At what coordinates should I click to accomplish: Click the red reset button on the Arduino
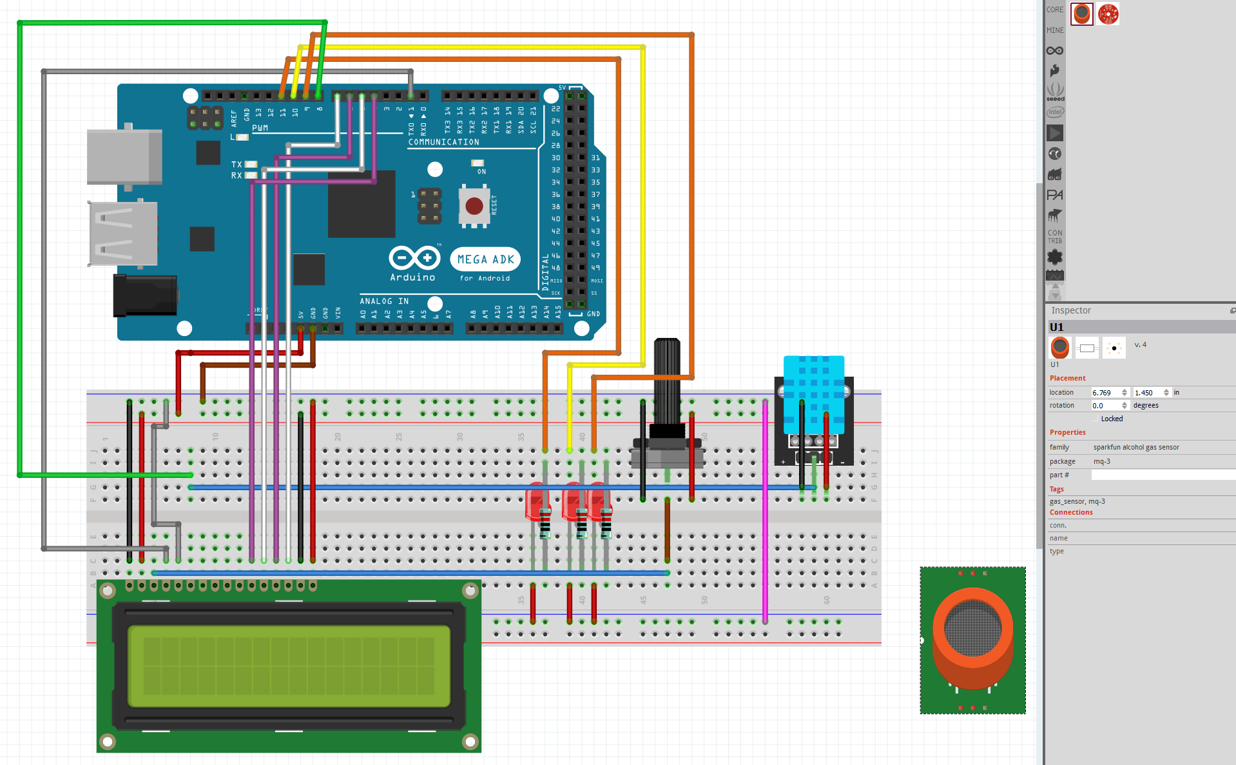(x=474, y=206)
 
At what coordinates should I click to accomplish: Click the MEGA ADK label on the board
(x=485, y=259)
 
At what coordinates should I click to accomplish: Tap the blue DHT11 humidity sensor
(x=814, y=393)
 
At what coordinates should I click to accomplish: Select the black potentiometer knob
(x=667, y=381)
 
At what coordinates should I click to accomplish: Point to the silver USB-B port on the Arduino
(x=124, y=157)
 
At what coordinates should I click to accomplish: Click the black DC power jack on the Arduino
(x=144, y=295)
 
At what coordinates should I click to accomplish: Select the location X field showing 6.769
(x=1105, y=393)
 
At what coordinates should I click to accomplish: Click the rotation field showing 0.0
(x=1105, y=406)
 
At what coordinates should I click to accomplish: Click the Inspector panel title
(x=1071, y=310)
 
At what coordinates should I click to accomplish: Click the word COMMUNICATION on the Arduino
(x=443, y=142)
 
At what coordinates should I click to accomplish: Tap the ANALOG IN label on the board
(x=384, y=301)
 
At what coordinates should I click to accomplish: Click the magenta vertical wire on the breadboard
(x=765, y=516)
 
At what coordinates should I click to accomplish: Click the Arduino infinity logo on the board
(x=414, y=258)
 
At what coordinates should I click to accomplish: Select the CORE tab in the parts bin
(x=1055, y=10)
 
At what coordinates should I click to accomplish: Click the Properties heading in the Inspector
(x=1067, y=432)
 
